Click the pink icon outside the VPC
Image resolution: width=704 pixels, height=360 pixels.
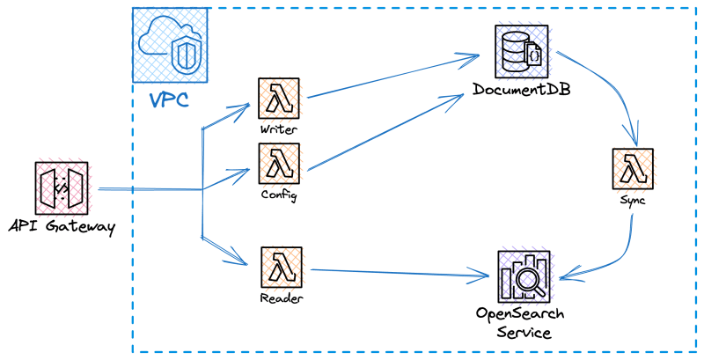[62, 187]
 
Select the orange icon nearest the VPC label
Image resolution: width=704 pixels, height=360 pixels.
[281, 99]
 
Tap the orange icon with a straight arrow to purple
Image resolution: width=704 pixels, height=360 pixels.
[282, 268]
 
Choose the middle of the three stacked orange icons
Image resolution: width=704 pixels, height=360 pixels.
[281, 165]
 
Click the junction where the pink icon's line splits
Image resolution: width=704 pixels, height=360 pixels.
[203, 189]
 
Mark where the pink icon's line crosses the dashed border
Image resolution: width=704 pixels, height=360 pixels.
[132, 189]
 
